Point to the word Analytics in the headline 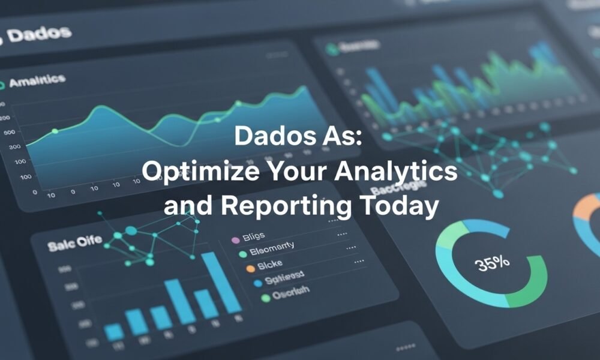coord(396,173)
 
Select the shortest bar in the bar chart coord(114,332)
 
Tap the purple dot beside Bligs coord(235,240)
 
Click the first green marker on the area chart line coord(55,131)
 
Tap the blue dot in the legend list coord(258,283)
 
